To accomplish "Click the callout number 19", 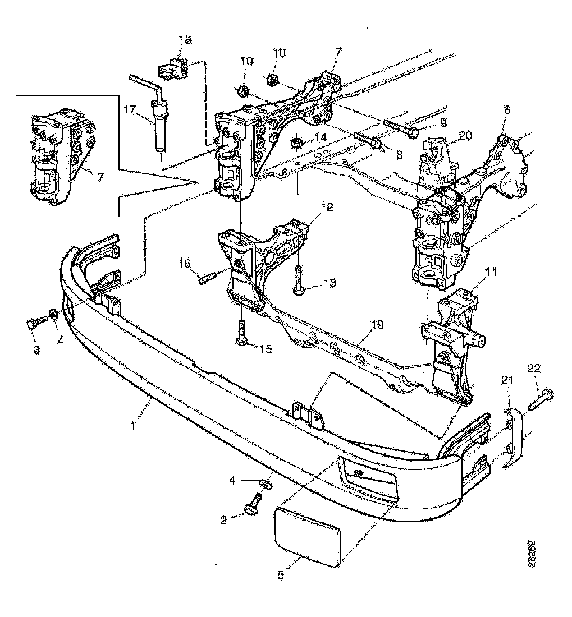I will tap(377, 325).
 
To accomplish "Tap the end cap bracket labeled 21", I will tap(514, 438).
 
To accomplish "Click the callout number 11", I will tap(491, 273).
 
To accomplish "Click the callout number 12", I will tap(327, 206).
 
